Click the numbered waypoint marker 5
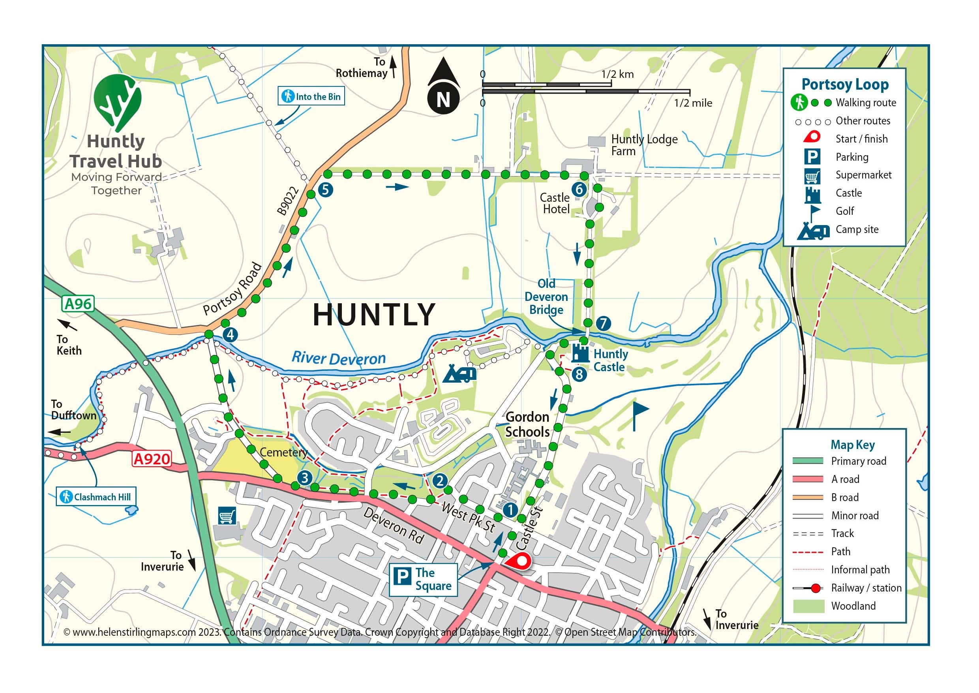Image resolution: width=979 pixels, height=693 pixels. tap(326, 190)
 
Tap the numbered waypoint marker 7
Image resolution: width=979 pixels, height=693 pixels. tap(603, 323)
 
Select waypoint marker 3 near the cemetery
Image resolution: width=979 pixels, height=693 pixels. tap(305, 477)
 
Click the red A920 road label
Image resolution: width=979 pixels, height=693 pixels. tap(152, 459)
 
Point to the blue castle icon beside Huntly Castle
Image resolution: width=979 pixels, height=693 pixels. tap(580, 353)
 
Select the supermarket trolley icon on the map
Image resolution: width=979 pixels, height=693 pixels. tap(227, 516)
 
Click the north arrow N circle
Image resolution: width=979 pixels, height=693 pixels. tap(444, 99)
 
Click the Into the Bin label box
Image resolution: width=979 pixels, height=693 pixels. tap(311, 96)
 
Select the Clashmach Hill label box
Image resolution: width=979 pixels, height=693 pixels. tap(96, 497)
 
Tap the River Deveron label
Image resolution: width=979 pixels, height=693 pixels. tap(339, 358)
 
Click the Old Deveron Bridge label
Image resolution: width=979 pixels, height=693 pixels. tap(546, 297)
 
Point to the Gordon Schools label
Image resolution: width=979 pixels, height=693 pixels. tap(527, 424)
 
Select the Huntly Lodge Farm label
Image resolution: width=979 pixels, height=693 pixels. tap(644, 145)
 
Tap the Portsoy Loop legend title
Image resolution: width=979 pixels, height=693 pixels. tap(845, 85)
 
